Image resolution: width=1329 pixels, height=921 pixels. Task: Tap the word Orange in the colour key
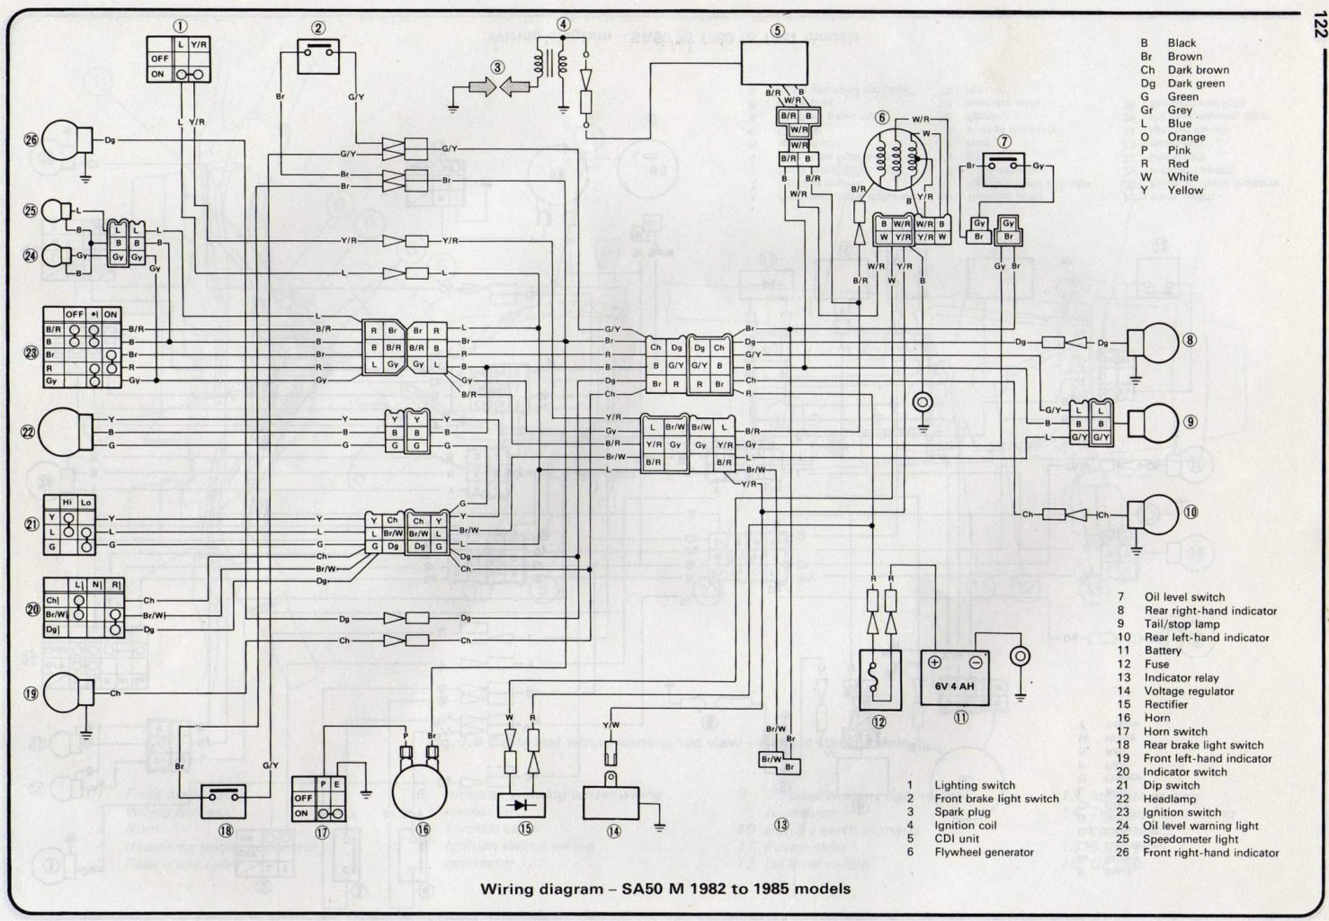1186,138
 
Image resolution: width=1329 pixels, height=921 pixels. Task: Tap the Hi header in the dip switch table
67,501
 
